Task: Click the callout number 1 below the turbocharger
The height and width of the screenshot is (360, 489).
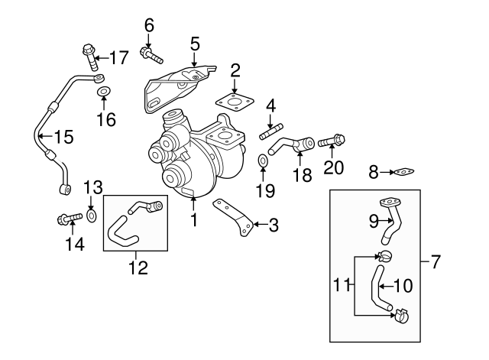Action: click(193, 222)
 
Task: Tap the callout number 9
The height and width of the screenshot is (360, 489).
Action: click(374, 222)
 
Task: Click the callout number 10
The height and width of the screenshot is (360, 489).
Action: click(402, 286)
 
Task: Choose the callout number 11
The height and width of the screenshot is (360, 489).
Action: click(343, 286)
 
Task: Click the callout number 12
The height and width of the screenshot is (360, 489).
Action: click(138, 268)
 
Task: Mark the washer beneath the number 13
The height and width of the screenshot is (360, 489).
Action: click(92, 216)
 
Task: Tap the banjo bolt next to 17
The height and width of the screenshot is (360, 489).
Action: click(89, 56)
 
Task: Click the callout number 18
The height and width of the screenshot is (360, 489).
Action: click(303, 175)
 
